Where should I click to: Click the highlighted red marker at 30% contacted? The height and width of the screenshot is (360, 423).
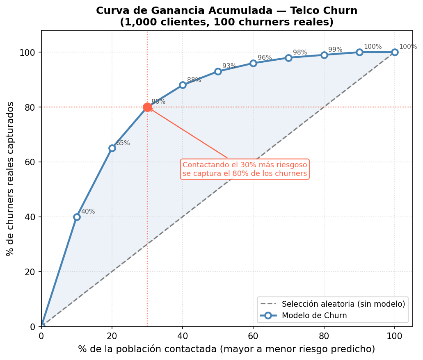(147, 107)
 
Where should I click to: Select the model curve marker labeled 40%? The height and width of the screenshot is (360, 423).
(77, 217)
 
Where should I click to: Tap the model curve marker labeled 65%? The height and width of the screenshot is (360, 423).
(112, 148)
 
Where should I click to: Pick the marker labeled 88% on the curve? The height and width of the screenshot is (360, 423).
(183, 85)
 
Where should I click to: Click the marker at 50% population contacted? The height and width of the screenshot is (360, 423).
(218, 71)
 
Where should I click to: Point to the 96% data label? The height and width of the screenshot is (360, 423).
(265, 58)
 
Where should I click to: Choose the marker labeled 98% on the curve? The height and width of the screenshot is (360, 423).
(288, 58)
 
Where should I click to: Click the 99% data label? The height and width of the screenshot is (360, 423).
(335, 50)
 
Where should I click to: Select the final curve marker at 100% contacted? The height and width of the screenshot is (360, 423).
(395, 52)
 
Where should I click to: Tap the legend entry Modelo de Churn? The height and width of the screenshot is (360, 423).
(314, 315)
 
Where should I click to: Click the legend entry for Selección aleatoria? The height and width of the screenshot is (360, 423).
(343, 304)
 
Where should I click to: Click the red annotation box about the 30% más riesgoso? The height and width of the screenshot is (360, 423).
(245, 169)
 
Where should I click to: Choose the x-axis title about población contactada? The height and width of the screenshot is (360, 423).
(226, 349)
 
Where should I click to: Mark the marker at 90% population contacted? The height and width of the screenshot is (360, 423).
(359, 52)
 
